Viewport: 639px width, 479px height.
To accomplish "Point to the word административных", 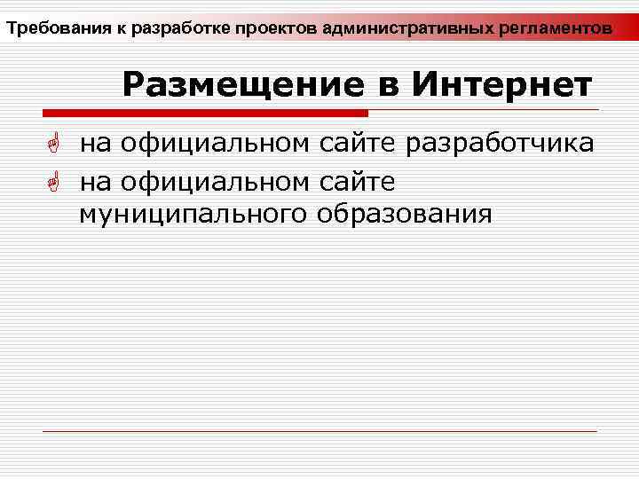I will [399, 29].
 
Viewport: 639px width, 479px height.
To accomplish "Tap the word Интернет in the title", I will [502, 85].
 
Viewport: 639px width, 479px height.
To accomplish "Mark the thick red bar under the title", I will [204, 113].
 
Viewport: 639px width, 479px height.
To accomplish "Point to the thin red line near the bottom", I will [319, 431].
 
